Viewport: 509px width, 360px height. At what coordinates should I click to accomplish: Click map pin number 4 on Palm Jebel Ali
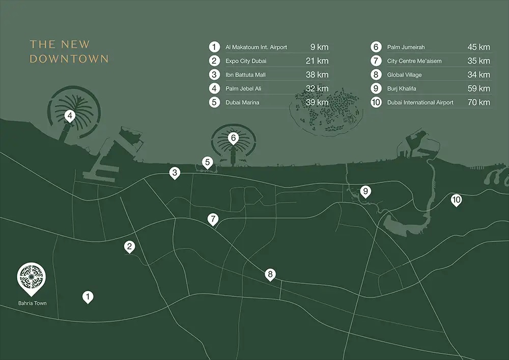click(70, 116)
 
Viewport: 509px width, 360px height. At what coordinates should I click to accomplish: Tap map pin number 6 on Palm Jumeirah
click(233, 137)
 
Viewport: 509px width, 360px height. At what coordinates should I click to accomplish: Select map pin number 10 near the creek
click(456, 200)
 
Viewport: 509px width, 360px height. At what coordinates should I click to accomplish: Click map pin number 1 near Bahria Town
click(88, 296)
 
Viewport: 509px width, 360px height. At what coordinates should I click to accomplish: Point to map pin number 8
click(270, 274)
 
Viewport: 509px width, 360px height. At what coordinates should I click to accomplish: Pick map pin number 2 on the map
click(130, 246)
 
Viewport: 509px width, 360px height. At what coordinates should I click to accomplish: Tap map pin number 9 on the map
click(365, 191)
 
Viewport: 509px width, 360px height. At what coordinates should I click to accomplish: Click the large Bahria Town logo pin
click(31, 278)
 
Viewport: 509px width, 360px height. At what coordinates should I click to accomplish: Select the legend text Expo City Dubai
click(246, 61)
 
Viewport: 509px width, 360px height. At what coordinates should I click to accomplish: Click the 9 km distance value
click(319, 47)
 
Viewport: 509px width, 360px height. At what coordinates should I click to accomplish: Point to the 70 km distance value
click(478, 102)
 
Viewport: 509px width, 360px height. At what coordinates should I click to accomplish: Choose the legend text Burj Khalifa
click(402, 89)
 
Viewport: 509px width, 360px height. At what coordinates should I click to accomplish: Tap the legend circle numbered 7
click(376, 61)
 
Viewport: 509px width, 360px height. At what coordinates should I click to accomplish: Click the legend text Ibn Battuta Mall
click(245, 75)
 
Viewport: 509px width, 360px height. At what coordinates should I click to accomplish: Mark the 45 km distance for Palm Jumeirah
click(478, 47)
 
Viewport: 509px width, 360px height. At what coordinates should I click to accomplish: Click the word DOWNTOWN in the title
click(69, 59)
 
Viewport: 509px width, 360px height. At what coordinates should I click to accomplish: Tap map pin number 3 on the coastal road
click(175, 173)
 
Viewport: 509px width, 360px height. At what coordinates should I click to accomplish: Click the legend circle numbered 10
click(376, 102)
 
